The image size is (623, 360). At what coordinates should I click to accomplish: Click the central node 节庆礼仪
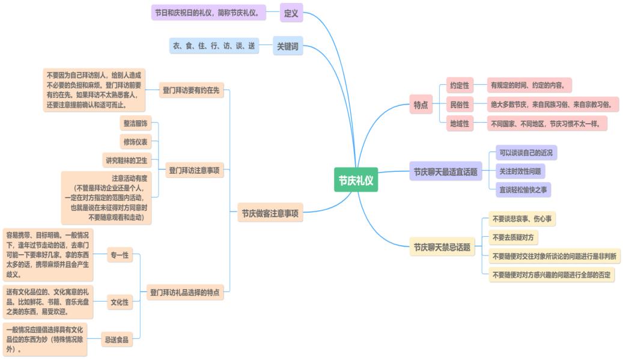pos(356,180)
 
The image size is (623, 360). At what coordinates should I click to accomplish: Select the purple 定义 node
pos(291,13)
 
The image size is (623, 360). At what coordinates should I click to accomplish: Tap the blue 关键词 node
pos(287,46)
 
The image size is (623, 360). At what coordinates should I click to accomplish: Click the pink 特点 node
pos(421,105)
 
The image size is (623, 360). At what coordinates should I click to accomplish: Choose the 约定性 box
pos(460,85)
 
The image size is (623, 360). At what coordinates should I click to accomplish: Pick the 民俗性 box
pos(460,105)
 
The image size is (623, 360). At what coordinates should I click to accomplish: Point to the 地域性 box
pos(460,124)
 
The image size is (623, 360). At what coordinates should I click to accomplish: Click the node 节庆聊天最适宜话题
pos(446,172)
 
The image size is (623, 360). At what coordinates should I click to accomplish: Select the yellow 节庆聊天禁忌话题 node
pos(442,247)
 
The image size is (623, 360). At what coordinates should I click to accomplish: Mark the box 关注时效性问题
pos(520,171)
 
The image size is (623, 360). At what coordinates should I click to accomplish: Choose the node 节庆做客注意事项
pos(270,213)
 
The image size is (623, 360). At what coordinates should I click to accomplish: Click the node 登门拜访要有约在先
pos(191,91)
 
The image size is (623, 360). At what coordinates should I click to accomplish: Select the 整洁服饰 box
pos(135,123)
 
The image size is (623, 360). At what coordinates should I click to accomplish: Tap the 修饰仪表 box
pos(136,142)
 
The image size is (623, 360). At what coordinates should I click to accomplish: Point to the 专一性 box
pos(119,255)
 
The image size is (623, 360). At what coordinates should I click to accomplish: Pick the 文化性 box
pos(120,302)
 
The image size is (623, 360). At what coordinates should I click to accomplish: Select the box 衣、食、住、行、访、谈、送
pos(214,46)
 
